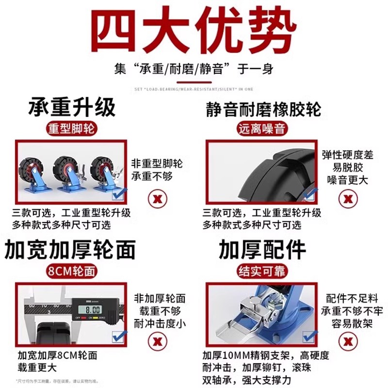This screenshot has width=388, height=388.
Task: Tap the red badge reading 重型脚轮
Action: [71, 129]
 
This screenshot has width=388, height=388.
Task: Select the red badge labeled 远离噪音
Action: [261, 129]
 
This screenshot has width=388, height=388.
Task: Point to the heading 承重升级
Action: [72, 107]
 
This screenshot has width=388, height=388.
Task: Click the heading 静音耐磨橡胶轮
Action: [262, 108]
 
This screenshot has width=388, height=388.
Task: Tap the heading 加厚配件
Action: [262, 250]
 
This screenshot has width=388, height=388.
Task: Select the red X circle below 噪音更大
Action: [347, 198]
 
